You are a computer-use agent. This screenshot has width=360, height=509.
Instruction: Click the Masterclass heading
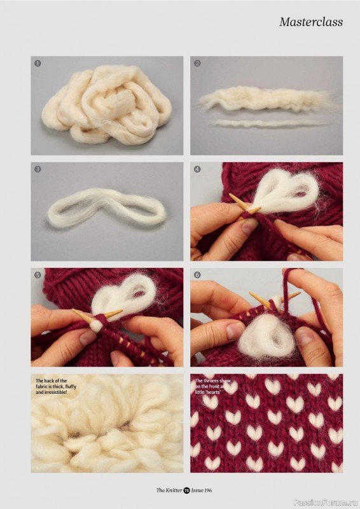coord(311,22)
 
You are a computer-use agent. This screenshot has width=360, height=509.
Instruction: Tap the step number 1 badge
coord(38,63)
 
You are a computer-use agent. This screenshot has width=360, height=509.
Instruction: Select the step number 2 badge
coord(197,63)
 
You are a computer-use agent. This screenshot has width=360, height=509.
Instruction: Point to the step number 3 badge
coord(38,169)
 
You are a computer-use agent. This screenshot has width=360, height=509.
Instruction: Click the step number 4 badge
coord(197,169)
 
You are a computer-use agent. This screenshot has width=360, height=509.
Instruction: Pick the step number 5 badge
coord(38,275)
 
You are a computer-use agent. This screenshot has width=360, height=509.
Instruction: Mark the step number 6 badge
coord(197,275)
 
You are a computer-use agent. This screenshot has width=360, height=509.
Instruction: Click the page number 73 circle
coord(186,490)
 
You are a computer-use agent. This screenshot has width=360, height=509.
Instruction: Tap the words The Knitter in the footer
coord(169,490)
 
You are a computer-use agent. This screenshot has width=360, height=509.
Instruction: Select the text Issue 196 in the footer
coord(201,490)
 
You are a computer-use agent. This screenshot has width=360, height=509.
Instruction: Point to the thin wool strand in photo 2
coord(268,123)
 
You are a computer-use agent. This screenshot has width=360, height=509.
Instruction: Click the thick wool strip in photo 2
coord(267,99)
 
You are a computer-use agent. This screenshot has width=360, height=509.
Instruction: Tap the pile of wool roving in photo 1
coord(106,104)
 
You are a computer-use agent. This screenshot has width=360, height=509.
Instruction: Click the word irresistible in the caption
coord(55,393)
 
